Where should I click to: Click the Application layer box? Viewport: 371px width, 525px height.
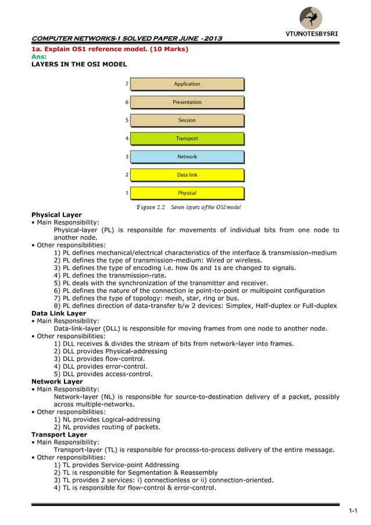click(x=187, y=84)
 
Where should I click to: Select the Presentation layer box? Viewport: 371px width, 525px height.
click(x=187, y=102)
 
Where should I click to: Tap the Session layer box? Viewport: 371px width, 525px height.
click(x=187, y=120)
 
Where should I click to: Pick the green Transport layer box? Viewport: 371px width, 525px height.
click(x=187, y=139)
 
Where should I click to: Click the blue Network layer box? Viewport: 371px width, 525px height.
click(x=187, y=157)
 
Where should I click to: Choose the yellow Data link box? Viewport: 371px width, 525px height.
click(x=187, y=175)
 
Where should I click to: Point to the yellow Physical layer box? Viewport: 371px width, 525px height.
click(x=187, y=193)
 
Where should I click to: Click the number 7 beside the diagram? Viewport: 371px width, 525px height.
click(x=127, y=84)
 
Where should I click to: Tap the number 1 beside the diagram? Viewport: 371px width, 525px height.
click(x=127, y=193)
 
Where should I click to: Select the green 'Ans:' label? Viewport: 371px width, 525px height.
click(x=38, y=56)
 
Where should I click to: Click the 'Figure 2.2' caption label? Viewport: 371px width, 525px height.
click(x=146, y=207)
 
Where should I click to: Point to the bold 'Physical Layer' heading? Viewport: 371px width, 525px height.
click(x=56, y=215)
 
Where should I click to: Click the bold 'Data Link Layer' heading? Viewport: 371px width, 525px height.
click(x=58, y=313)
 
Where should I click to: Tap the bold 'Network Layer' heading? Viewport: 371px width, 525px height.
click(x=56, y=382)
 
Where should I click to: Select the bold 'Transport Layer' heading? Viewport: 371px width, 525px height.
click(x=59, y=435)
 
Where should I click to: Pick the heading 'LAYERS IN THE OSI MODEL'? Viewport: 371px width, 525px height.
click(x=79, y=64)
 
